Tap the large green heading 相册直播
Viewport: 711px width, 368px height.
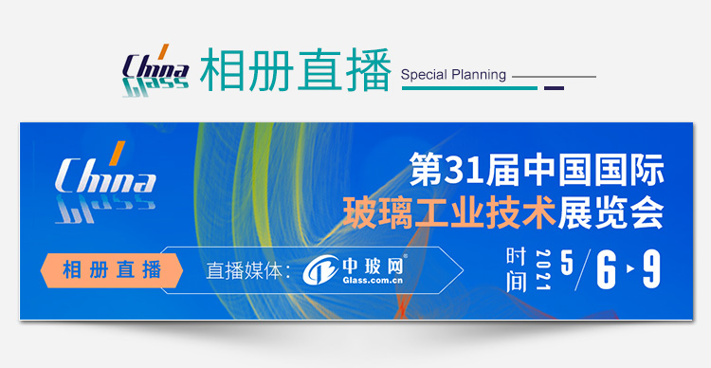pyautogui.click(x=295, y=70)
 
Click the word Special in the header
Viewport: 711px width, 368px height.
pyautogui.click(x=421, y=74)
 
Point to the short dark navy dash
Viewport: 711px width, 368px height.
pyautogui.click(x=555, y=88)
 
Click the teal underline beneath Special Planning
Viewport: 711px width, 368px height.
pyautogui.click(x=470, y=88)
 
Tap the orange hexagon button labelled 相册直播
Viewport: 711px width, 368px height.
pyautogui.click(x=112, y=270)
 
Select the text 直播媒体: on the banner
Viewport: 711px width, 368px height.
pyautogui.click(x=248, y=271)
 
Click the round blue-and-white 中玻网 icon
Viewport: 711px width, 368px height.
pyautogui.click(x=320, y=270)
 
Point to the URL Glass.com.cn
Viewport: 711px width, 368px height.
pyautogui.click(x=373, y=281)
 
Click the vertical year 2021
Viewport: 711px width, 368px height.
pyautogui.click(x=543, y=270)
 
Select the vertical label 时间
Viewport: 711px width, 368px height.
pyautogui.click(x=517, y=270)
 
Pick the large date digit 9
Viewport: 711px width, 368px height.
pyautogui.click(x=651, y=269)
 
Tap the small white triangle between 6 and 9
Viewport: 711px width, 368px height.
pyautogui.click(x=630, y=269)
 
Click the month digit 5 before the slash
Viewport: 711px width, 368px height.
pyautogui.click(x=567, y=263)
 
